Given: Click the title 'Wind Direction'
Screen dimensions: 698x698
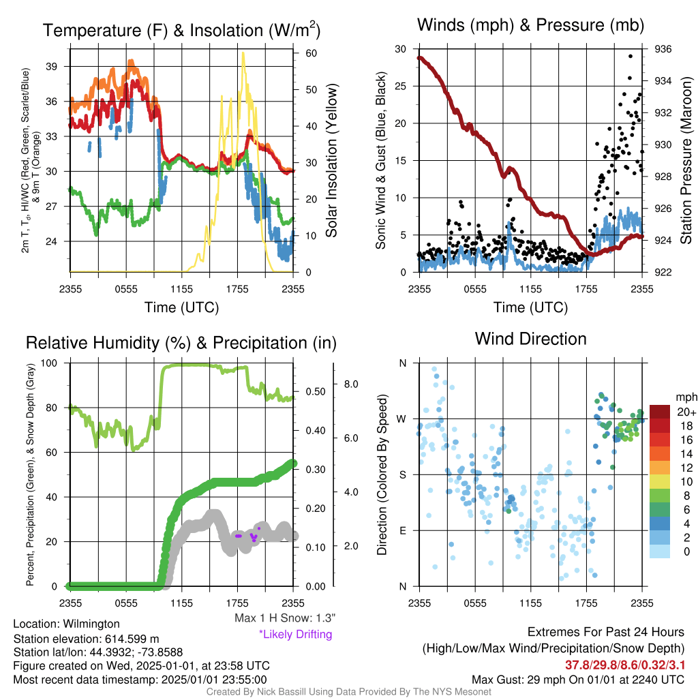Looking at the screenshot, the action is coord(530,339).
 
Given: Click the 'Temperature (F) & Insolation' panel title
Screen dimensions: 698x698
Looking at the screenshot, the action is coord(181,30).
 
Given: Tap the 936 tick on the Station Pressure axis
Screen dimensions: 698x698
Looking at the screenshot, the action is coord(663,49).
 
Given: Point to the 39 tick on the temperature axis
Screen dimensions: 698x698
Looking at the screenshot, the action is coord(52,66).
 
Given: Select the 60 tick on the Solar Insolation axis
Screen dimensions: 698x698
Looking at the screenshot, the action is coord(311,53).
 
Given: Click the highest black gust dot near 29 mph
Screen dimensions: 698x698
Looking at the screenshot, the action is coord(631,56).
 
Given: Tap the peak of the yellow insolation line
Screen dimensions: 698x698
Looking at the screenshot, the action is coord(243,53).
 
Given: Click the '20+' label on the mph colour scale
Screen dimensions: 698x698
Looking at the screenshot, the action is coord(686,412).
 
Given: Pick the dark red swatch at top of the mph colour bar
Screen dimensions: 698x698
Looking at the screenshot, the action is coord(660,412).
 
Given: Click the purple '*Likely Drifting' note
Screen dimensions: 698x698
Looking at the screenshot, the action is coord(296,635).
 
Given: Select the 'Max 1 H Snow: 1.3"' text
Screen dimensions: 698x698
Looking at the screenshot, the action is coord(285,618).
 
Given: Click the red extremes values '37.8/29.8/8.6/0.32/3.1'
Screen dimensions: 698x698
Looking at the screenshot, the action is coord(625,665).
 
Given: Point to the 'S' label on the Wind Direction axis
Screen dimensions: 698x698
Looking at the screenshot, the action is coord(403,475).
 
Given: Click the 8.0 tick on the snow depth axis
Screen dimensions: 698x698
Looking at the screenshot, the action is coord(351,384).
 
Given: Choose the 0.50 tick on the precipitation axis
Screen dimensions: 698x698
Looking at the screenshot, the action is coord(316,392).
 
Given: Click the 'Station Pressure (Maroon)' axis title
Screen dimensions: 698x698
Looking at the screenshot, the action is coord(686,160).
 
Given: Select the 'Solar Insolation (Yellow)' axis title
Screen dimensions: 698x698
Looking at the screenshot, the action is coord(332,160).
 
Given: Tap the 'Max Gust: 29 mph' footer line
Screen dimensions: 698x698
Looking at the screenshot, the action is coord(578,680).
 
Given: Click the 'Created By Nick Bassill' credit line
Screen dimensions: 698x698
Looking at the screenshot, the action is coord(348,692).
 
